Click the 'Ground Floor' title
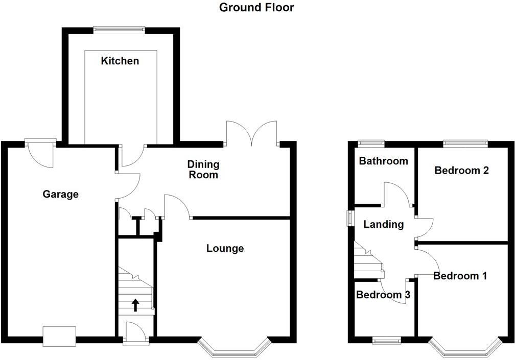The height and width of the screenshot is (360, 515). click(x=256, y=8)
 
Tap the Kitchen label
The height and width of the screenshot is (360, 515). click(x=120, y=61)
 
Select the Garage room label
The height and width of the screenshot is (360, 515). click(x=61, y=194)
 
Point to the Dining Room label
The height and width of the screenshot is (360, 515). click(x=203, y=170)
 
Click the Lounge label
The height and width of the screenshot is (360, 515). click(x=225, y=249)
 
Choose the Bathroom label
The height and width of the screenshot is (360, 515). click(x=383, y=161)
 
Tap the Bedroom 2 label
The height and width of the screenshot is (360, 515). click(x=461, y=171)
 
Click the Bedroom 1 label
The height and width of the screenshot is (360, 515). click(x=460, y=276)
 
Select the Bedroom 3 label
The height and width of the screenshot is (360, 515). click(x=383, y=295)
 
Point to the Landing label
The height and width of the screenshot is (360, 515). click(x=383, y=224)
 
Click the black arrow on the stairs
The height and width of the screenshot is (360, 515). click(x=135, y=305)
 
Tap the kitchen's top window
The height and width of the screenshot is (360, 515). click(x=120, y=29)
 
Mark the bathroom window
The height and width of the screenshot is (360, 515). click(x=371, y=143)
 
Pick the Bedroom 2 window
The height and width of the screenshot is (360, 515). click(x=464, y=143)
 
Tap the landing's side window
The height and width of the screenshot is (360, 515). click(x=350, y=218)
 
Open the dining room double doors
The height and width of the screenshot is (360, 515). click(x=251, y=134)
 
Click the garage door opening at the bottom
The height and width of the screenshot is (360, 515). click(x=59, y=336)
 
